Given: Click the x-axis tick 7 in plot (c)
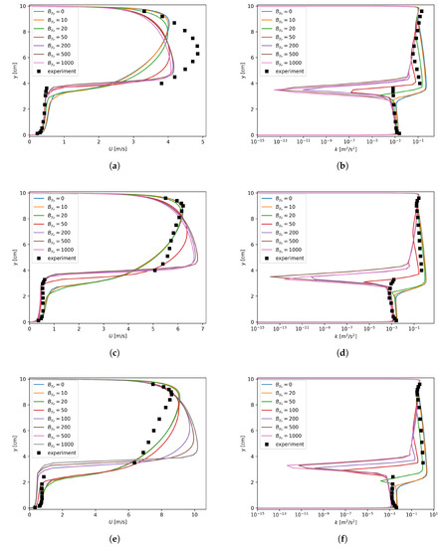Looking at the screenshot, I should (x=203, y=329).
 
